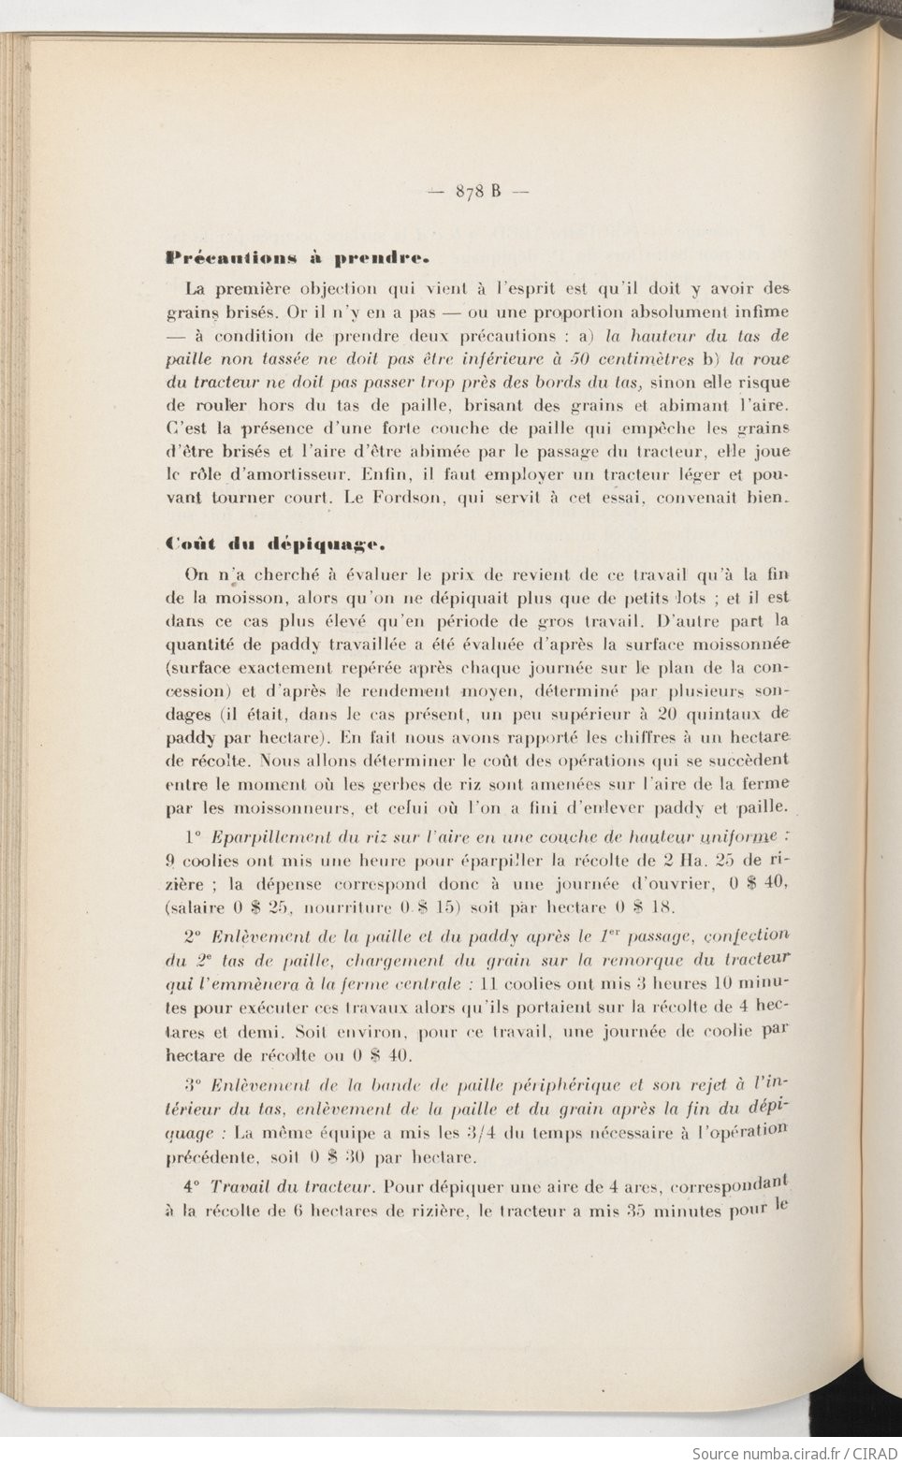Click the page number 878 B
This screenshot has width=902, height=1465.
[x=478, y=191]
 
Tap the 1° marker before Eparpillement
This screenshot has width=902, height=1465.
[x=194, y=835]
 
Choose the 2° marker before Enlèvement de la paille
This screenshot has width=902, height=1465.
[x=194, y=936]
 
